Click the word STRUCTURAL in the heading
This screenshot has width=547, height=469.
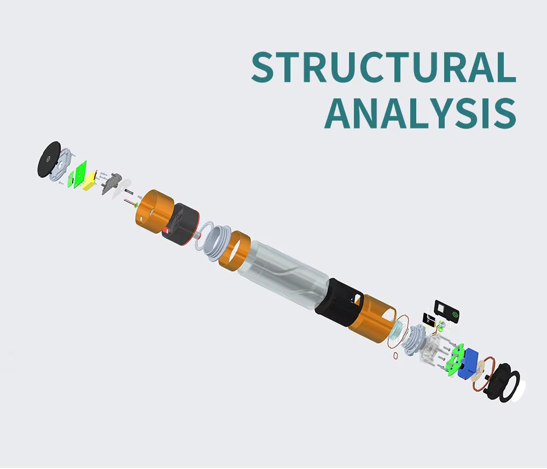383,67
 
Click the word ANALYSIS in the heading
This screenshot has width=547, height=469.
420,113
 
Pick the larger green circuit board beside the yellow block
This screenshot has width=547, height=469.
82,172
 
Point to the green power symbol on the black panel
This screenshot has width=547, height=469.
453,313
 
